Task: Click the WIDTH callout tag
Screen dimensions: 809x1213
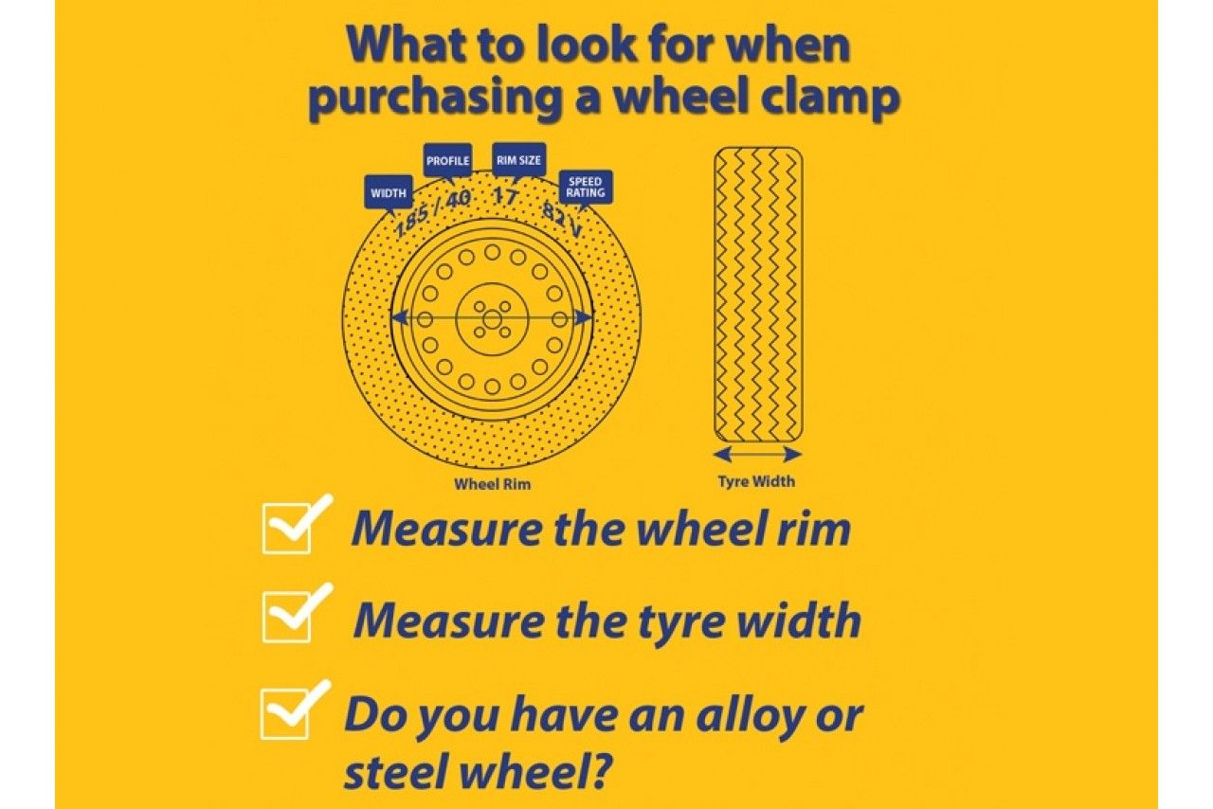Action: pyautogui.click(x=389, y=192)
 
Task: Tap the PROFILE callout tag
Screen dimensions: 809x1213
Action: pyautogui.click(x=447, y=160)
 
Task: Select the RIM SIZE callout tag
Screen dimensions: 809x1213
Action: pyautogui.click(x=518, y=160)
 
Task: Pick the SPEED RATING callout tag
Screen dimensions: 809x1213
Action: pyautogui.click(x=586, y=187)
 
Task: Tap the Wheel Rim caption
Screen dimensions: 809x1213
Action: pyautogui.click(x=492, y=484)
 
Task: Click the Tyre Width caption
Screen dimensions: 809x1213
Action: pyautogui.click(x=756, y=481)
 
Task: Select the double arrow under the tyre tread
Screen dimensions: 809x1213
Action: pyautogui.click(x=757, y=454)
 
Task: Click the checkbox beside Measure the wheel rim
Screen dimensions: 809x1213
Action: pyautogui.click(x=287, y=530)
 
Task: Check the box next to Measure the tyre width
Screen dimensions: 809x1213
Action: pyautogui.click(x=287, y=620)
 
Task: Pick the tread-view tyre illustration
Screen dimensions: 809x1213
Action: pyautogui.click(x=757, y=294)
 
